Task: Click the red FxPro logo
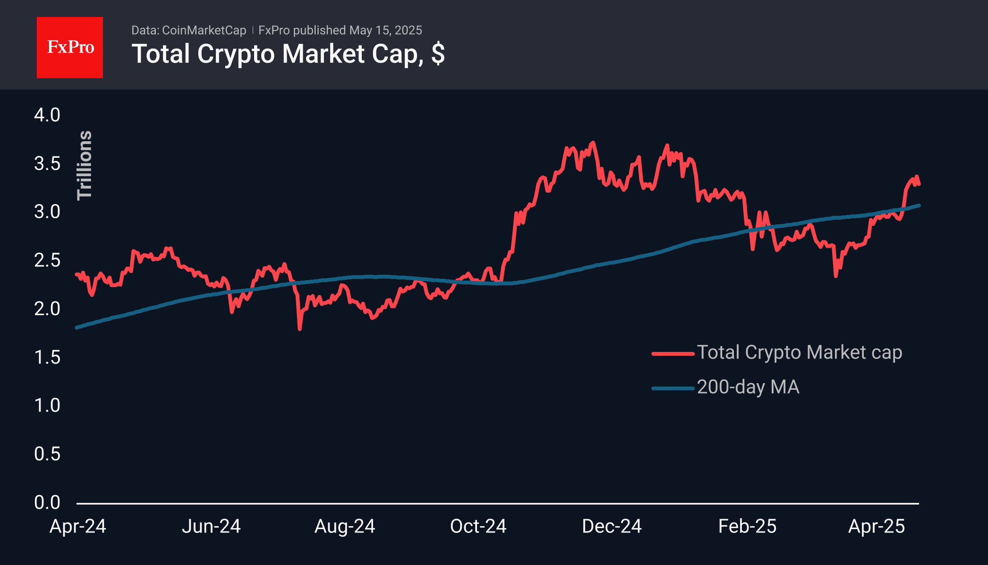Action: [x=70, y=47]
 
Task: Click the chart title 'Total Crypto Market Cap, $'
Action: [x=288, y=54]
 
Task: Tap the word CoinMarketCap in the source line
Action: [x=204, y=30]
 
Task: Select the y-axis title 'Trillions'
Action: [x=85, y=165]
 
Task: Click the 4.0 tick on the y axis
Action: [x=47, y=115]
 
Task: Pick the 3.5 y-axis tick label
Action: [x=47, y=163]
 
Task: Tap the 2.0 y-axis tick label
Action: [x=47, y=309]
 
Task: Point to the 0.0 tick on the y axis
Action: [x=47, y=502]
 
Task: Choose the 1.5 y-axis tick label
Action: [x=47, y=357]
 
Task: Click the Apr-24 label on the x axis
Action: [x=78, y=526]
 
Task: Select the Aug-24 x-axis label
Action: [x=345, y=526]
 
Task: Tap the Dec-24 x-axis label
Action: [x=612, y=526]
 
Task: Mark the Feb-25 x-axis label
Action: [x=747, y=526]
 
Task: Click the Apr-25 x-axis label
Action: [x=877, y=526]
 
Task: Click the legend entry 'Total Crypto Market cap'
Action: [x=799, y=352]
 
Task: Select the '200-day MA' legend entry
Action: [x=748, y=387]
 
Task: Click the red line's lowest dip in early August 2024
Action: [x=299, y=328]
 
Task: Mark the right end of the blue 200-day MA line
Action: [x=919, y=205]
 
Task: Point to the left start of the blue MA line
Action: [x=77, y=327]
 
